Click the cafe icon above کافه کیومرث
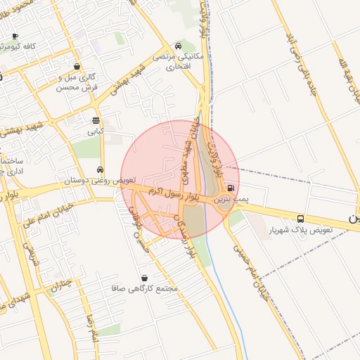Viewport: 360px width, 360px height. (15, 35)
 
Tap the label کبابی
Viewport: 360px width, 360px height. (94, 131)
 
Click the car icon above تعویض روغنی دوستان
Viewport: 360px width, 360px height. (101, 169)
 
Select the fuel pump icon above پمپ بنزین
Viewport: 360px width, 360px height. (231, 188)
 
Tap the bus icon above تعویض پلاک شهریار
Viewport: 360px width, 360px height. (301, 219)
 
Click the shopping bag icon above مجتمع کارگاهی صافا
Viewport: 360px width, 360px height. (145, 278)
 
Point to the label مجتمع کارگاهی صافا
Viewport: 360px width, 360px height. (144, 289)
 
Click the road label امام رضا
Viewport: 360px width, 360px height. (91, 328)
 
